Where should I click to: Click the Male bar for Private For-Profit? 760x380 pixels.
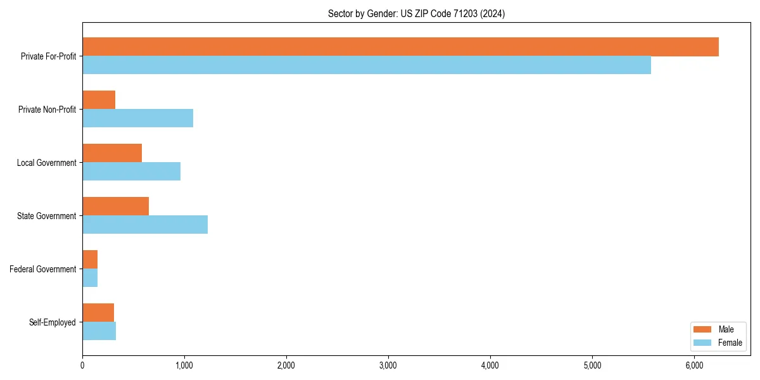coord(400,47)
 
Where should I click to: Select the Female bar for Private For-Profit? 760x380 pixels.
coord(367,65)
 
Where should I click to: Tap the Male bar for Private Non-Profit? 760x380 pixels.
coord(99,100)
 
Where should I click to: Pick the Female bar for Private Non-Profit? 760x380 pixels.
coord(137,118)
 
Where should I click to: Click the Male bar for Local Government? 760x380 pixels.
coord(112,153)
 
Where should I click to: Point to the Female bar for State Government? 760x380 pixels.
coord(145,225)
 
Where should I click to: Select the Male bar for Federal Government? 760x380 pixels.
coord(90,260)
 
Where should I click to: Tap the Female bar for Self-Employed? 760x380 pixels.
coord(99,331)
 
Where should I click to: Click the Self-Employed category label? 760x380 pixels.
coord(52,322)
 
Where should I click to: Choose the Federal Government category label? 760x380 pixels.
coord(42,269)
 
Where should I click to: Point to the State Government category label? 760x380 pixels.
coord(46,216)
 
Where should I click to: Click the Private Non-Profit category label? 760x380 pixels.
coord(47,110)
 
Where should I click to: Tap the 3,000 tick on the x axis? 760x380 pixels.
coord(388,365)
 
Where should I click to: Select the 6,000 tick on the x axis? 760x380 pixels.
coord(694,365)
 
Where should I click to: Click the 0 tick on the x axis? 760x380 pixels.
coord(82,365)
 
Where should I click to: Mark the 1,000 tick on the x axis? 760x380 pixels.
coord(184,365)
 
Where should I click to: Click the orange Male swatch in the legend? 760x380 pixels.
coord(703,329)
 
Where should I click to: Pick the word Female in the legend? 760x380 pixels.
coord(730,343)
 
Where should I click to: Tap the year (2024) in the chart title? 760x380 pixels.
coord(493,13)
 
